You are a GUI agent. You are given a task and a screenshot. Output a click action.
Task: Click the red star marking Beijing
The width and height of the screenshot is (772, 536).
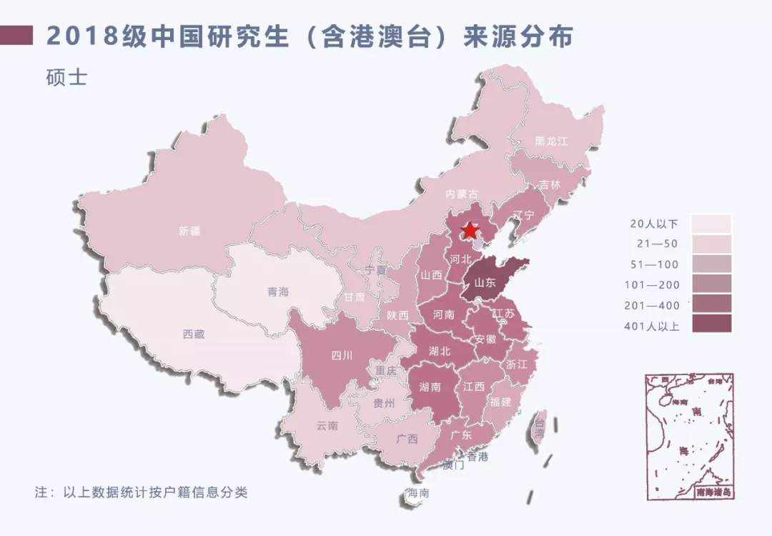click(470, 230)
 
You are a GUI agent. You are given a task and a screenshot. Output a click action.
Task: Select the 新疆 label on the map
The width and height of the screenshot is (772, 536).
click(190, 231)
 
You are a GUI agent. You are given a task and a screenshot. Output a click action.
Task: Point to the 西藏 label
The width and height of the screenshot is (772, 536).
click(193, 334)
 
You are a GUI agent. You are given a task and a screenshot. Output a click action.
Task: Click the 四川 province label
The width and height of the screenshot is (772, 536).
click(342, 355)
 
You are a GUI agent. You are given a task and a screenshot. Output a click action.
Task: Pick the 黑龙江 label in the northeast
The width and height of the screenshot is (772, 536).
click(551, 142)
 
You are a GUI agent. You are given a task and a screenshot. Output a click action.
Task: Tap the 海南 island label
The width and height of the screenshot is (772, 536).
click(418, 493)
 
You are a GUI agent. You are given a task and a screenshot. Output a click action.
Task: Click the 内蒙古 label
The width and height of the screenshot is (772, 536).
click(461, 194)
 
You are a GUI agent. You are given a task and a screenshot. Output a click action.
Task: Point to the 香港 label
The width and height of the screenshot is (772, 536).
click(477, 457)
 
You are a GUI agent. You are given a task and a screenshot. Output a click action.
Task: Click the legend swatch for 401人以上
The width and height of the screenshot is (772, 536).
click(711, 324)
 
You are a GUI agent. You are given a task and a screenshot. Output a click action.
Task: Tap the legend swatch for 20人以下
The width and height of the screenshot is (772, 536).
click(711, 224)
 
